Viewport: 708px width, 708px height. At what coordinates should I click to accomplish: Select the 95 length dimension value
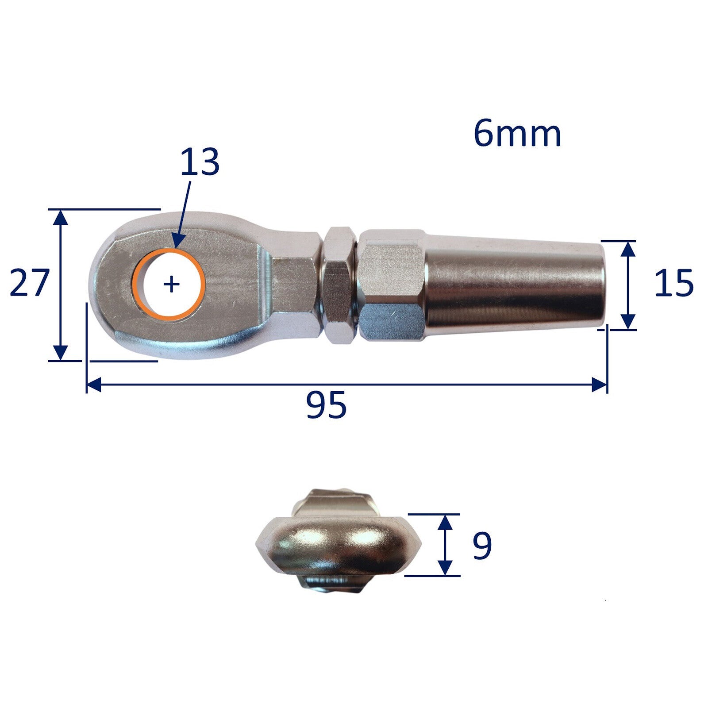(x=326, y=405)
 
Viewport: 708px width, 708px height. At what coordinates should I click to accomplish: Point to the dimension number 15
(x=674, y=283)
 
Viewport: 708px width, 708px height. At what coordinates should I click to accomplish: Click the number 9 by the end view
(x=482, y=546)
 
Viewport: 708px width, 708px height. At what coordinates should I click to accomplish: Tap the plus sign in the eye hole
(x=172, y=284)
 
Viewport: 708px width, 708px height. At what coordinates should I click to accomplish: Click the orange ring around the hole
(x=136, y=283)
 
